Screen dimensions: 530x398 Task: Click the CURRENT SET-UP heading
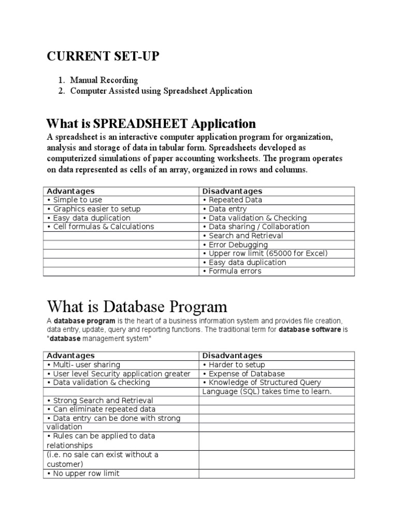103,56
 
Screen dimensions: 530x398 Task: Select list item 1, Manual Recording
104,80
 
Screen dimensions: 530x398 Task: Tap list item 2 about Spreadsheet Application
161,91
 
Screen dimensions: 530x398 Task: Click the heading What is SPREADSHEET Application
151,124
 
